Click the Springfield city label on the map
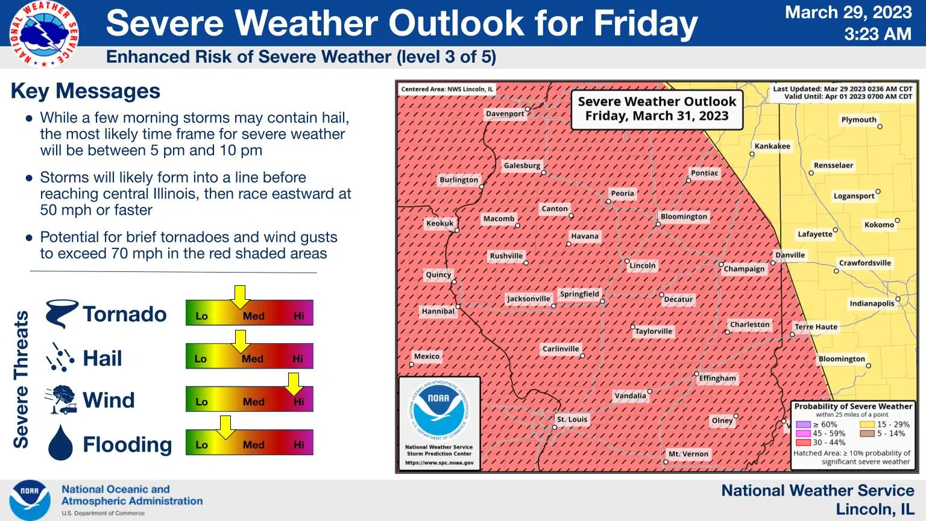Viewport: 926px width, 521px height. [579, 294]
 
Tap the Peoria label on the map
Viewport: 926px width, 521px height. [622, 194]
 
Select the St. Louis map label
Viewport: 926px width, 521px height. [572, 419]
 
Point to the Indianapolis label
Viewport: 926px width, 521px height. [872, 303]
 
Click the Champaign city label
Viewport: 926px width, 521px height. [744, 269]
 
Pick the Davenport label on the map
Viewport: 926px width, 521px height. [505, 113]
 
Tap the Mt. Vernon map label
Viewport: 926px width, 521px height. [688, 454]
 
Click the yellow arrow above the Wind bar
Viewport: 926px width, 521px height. [294, 384]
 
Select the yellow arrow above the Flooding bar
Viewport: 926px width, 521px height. [225, 426]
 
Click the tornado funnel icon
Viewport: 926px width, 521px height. [61, 314]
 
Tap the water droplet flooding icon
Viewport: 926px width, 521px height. [60, 443]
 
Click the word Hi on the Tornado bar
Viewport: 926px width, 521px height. [299, 316]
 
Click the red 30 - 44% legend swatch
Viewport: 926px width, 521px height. [802, 442]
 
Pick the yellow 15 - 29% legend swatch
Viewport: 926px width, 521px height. [867, 425]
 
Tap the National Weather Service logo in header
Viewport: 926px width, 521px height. [43, 34]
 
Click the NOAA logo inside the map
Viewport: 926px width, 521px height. [438, 409]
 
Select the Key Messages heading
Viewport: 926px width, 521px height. [86, 91]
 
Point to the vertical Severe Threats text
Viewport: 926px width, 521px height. [21, 379]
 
